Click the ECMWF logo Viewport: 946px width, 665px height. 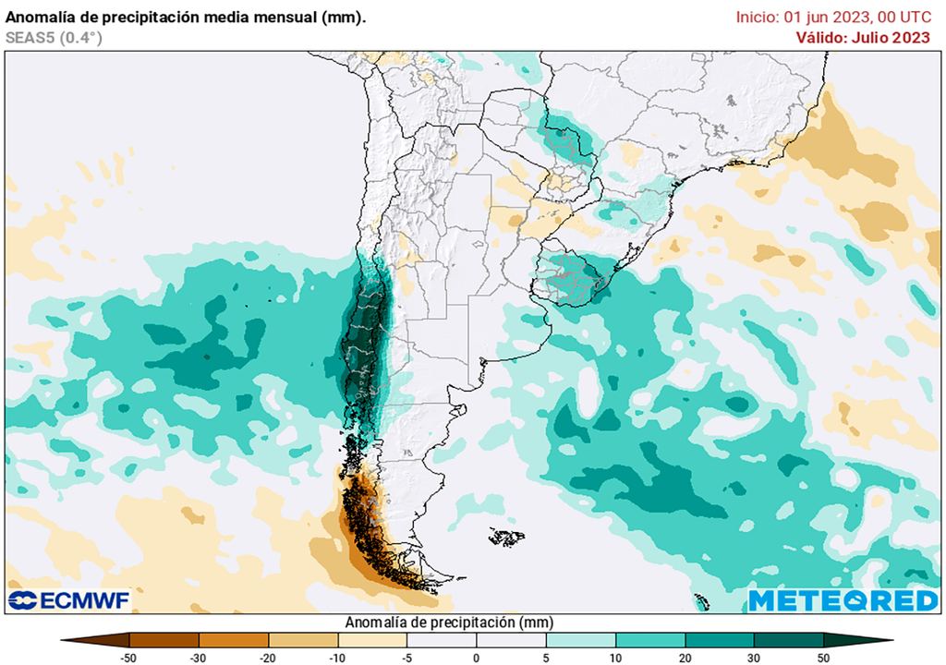click(x=69, y=600)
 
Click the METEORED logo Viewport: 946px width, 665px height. click(x=843, y=600)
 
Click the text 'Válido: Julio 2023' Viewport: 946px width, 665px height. click(x=863, y=37)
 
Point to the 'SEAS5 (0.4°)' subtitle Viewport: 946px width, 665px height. click(x=54, y=38)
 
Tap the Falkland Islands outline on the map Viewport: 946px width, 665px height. click(x=506, y=536)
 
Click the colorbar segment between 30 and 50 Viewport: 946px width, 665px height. click(x=788, y=639)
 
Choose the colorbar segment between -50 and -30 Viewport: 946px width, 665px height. click(x=164, y=639)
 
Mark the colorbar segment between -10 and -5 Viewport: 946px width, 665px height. click(x=372, y=639)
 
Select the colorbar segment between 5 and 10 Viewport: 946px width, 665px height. click(x=580, y=639)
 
